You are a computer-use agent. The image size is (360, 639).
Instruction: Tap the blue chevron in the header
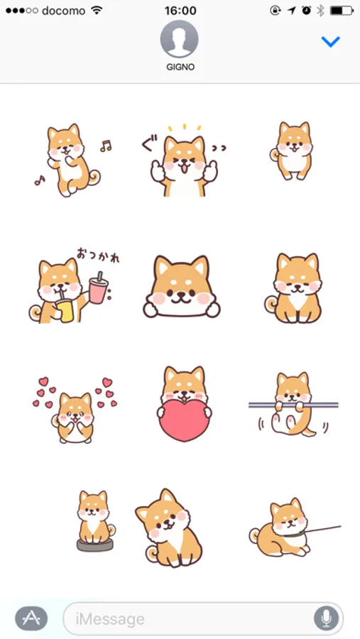pos(330,42)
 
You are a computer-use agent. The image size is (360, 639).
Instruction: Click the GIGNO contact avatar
pos(180,39)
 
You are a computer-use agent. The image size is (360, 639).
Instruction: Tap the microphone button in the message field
pos(326,618)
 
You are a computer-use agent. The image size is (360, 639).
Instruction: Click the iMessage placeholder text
pos(110,619)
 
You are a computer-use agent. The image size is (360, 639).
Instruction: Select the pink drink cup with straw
pos(98,288)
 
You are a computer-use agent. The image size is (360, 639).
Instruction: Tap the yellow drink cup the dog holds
pos(65,309)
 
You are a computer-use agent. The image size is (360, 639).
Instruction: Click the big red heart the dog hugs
pos(185,420)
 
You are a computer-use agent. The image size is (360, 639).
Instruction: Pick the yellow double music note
pos(106,146)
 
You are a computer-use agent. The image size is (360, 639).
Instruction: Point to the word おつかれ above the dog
pos(98,255)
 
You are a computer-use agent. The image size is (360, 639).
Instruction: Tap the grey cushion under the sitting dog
pos(95,545)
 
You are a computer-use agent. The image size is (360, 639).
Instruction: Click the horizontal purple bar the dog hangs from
pos(293,405)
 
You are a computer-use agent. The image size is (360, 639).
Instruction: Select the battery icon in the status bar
pos(342,11)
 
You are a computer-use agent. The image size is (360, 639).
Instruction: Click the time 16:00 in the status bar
pos(180,11)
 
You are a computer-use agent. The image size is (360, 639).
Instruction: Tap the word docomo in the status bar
pos(64,11)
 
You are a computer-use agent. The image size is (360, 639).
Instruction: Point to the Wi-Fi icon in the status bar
pos(97,11)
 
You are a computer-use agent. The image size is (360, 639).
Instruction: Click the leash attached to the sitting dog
pos(322,529)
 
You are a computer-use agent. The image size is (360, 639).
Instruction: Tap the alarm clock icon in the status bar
pos(306,11)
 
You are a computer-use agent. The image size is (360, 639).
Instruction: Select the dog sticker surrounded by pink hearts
pos(75,411)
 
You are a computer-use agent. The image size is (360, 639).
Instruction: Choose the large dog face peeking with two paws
pos(182,287)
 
